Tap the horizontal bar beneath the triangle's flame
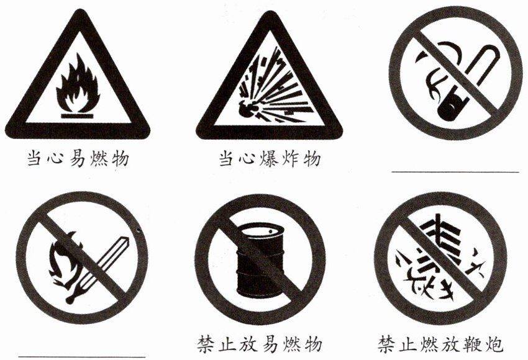(x=77, y=116)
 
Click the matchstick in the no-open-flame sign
(x=98, y=269)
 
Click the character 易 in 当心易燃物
(x=77, y=158)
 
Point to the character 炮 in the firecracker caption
(x=493, y=344)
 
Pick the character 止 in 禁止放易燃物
(x=227, y=344)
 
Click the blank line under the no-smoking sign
(x=455, y=172)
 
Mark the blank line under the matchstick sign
(x=82, y=356)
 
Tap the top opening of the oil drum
(x=261, y=230)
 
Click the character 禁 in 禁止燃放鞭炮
(x=387, y=344)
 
